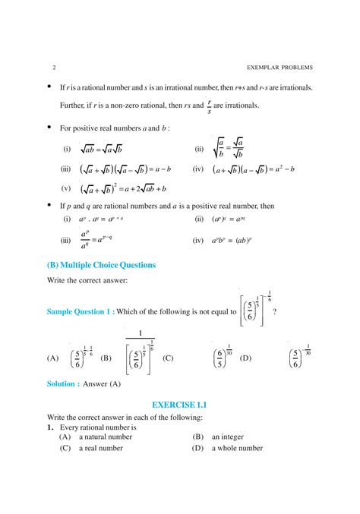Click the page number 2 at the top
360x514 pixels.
[x=47, y=67]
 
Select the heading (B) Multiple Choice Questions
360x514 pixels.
[x=101, y=265]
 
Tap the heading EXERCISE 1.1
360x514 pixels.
[x=179, y=405]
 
